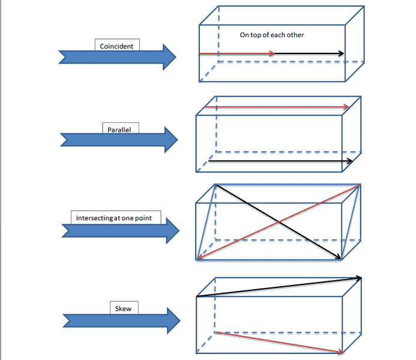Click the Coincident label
118,45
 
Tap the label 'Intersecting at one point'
115,217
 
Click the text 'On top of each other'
272,35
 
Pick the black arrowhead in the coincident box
341,54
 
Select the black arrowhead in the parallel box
349,161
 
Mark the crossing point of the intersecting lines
278,223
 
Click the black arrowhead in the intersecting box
339,257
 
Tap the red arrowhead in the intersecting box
200,258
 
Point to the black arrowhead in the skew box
360,278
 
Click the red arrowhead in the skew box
340,352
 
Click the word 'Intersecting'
94,217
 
